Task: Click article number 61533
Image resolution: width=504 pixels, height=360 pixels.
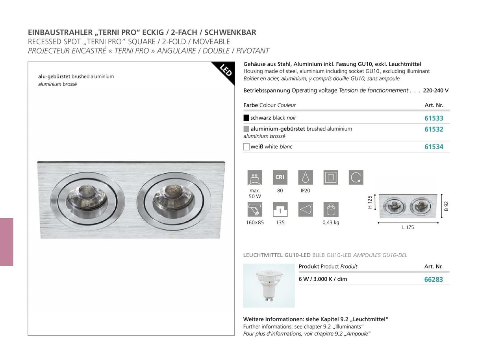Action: pyautogui.click(x=434, y=118)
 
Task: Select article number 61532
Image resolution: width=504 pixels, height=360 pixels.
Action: pyautogui.click(x=434, y=129)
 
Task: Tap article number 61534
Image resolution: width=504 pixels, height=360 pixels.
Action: pyautogui.click(x=434, y=147)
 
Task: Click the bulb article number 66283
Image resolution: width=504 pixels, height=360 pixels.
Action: pyautogui.click(x=433, y=280)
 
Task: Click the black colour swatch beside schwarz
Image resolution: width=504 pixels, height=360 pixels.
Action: pyautogui.click(x=246, y=118)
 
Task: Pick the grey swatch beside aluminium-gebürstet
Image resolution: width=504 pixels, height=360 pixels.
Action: pyautogui.click(x=246, y=129)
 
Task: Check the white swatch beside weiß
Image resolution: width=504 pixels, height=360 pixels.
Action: pyautogui.click(x=246, y=147)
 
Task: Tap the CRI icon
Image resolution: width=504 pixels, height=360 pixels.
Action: pyautogui.click(x=280, y=177)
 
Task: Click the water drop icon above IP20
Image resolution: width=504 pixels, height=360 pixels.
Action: pyautogui.click(x=305, y=177)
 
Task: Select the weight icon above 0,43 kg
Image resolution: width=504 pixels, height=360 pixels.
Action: pyautogui.click(x=331, y=209)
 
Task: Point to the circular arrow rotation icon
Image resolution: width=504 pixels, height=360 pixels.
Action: pyautogui.click(x=356, y=177)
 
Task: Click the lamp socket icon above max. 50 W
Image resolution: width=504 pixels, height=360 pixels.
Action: pyautogui.click(x=255, y=177)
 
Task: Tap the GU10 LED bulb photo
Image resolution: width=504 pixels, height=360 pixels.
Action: pyautogui.click(x=269, y=286)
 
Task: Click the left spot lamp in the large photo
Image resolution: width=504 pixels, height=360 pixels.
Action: pyautogui.click(x=87, y=200)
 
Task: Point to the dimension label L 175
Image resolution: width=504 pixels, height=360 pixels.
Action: pyautogui.click(x=408, y=228)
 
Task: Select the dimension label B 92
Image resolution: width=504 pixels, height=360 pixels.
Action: pyautogui.click(x=446, y=206)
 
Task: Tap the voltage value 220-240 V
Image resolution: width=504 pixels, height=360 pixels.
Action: pyautogui.click(x=435, y=91)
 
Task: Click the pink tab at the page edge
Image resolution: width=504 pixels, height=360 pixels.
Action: pyautogui.click(x=6, y=241)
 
